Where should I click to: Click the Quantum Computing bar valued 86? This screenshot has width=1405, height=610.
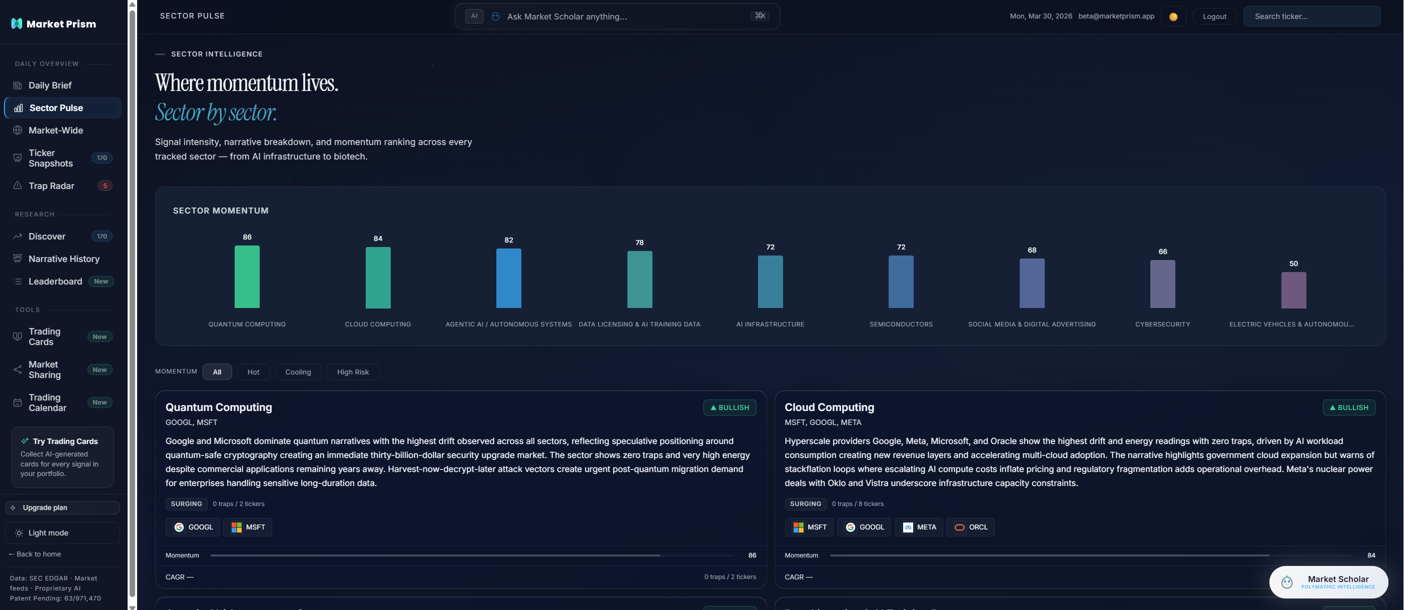(x=247, y=276)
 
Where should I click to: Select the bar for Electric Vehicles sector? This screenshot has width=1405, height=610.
(x=1293, y=290)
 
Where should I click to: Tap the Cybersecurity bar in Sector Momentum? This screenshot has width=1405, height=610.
(x=1162, y=283)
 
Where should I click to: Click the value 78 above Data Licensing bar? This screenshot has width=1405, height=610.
(x=639, y=242)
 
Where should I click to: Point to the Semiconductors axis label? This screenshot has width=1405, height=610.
(x=901, y=324)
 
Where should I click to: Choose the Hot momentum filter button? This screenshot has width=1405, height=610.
(x=253, y=372)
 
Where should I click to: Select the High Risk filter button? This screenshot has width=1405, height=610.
(x=352, y=372)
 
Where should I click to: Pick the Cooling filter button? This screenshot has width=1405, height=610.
(x=298, y=372)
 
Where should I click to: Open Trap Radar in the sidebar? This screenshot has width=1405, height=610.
(x=51, y=186)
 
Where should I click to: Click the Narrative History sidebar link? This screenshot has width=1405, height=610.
(x=64, y=259)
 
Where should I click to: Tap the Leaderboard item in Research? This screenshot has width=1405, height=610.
(x=55, y=281)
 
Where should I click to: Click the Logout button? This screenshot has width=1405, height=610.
(x=1214, y=16)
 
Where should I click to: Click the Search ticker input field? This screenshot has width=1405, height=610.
(x=1311, y=16)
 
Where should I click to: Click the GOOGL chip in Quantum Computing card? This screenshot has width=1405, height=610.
(x=193, y=527)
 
